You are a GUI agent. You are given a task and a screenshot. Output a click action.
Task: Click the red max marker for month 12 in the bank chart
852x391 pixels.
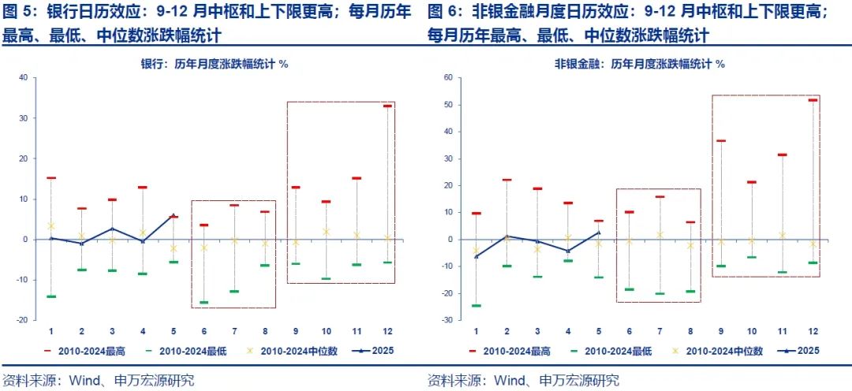tap(387, 106)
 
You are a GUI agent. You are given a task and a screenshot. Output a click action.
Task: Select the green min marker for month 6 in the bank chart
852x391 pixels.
tap(204, 303)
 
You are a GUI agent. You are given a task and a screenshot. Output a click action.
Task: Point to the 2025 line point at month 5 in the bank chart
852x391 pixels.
tap(173, 215)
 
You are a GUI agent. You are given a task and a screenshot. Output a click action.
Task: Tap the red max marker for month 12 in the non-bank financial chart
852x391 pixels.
tap(813, 100)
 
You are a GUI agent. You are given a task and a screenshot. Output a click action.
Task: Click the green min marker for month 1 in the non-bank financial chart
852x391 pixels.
tap(476, 306)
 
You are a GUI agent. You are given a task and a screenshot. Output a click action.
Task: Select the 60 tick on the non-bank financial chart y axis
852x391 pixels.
tap(447, 77)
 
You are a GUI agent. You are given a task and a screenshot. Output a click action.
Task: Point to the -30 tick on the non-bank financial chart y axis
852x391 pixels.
tap(447, 320)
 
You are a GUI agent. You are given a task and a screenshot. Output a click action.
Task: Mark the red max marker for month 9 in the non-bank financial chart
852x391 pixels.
tap(720, 141)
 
